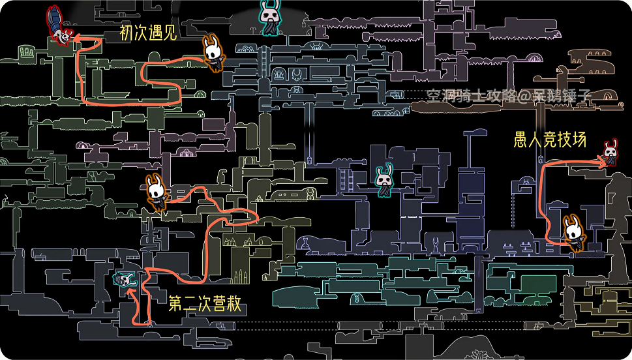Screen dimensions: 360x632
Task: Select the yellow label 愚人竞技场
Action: click(550, 140)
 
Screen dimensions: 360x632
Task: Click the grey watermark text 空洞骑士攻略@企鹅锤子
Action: click(508, 95)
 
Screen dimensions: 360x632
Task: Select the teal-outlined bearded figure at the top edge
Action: click(269, 16)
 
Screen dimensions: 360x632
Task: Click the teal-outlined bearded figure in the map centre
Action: click(384, 179)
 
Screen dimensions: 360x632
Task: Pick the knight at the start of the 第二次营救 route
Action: click(156, 191)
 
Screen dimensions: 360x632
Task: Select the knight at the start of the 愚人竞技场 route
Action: click(574, 232)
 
